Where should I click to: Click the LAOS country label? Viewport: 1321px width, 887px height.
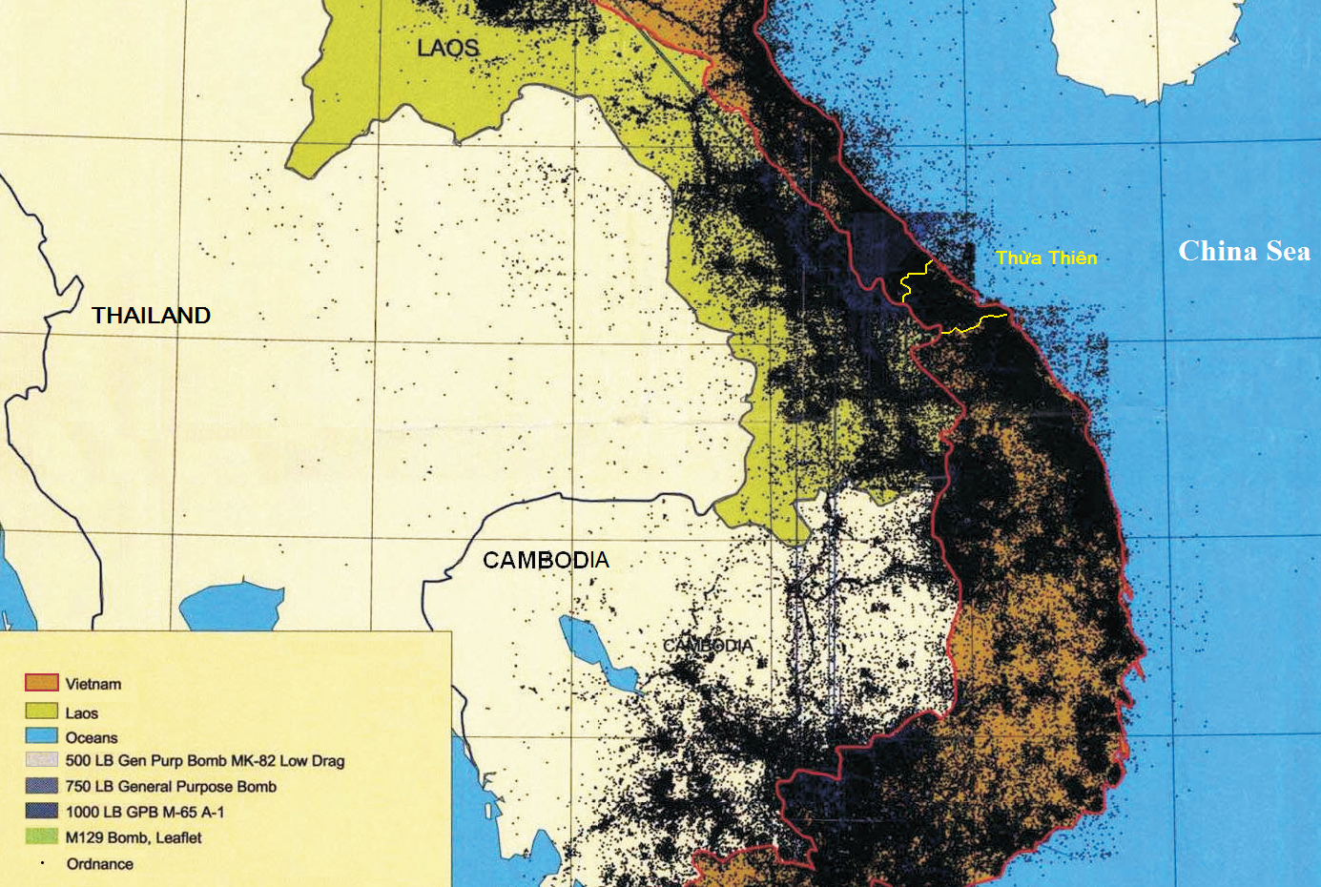[447, 48]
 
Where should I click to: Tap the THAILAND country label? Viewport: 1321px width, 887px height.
[151, 316]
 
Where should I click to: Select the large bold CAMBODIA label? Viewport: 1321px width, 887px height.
[545, 560]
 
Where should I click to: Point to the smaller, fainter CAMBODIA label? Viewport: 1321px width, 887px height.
[708, 646]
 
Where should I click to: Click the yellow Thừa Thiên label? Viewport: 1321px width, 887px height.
[1046, 258]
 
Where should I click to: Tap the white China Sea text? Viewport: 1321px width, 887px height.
[1244, 251]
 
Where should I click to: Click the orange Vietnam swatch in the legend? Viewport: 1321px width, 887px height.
[41, 683]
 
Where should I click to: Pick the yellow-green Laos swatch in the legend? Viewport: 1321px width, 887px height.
[41, 712]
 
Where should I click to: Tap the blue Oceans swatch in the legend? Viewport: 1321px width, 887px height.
[41, 736]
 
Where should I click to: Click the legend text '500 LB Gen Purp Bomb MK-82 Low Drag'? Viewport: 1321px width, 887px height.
[204, 761]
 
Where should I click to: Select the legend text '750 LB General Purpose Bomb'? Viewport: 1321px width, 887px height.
[171, 787]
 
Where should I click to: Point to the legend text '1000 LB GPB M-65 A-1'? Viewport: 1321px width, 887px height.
[145, 813]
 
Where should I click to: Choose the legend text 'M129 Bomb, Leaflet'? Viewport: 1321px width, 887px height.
[134, 838]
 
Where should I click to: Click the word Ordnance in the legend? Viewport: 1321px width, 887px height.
[99, 864]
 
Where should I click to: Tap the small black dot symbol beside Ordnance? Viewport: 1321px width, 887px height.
[42, 862]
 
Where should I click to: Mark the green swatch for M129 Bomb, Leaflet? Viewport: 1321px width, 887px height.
[41, 836]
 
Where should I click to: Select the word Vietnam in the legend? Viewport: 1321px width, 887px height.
[93, 684]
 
